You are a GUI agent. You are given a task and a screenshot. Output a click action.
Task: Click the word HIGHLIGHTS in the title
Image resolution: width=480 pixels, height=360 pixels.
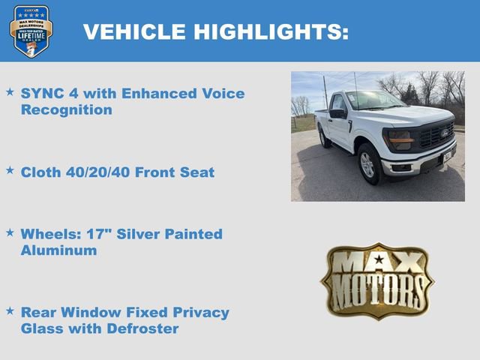pos(271,31)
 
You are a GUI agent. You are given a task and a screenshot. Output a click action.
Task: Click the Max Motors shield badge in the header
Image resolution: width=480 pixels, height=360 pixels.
pos(31,31)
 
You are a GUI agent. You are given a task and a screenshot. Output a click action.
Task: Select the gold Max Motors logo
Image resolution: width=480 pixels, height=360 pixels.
pos(377,280)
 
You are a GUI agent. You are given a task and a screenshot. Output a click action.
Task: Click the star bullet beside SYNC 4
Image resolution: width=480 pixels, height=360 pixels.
pos(10,91)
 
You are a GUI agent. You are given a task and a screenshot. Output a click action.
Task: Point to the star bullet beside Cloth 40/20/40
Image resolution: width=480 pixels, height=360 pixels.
pos(10,170)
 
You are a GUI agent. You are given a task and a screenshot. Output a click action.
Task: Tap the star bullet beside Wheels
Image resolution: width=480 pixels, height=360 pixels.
pos(10,232)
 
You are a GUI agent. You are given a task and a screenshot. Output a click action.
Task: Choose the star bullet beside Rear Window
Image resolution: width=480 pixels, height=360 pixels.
pos(10,310)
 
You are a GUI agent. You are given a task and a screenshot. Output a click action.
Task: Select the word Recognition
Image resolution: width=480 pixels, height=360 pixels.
pos(67,110)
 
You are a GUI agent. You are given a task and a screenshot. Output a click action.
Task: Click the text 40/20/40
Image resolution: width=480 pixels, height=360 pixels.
pos(97,172)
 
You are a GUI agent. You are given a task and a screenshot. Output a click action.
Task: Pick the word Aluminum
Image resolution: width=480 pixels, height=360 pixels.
pos(58,250)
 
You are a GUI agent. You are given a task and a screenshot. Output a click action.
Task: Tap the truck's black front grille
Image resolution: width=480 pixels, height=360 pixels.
pos(434,136)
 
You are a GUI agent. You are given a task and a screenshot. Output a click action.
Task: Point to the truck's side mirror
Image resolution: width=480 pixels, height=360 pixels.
pos(338,113)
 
